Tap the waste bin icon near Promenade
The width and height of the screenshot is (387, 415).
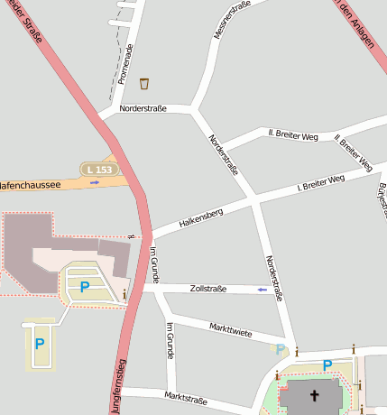144,84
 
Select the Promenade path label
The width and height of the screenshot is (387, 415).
130,63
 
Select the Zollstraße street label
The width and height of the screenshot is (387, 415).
209,289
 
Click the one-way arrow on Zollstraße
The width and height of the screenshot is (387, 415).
262,290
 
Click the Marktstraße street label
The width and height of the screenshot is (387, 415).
187,397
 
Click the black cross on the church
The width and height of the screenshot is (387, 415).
316,395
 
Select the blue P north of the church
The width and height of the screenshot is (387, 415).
327,365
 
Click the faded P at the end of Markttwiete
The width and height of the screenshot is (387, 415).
281,349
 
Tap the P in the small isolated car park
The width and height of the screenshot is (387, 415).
39,344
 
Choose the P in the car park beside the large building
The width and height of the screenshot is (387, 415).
84,287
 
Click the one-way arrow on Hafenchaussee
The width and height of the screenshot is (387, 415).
95,182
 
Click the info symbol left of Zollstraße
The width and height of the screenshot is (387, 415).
124,294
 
